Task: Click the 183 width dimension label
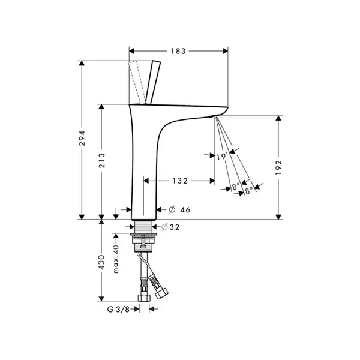coord(178,51)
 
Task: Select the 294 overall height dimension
coord(82,138)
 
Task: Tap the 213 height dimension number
coord(102,160)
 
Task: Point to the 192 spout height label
coord(278,167)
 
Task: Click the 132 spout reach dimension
coord(180,181)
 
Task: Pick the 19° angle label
coord(222,157)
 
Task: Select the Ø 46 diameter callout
coord(179,209)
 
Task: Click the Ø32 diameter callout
coord(170,227)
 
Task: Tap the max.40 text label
coord(116,259)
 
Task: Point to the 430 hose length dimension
coord(101,262)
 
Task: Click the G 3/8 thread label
coord(118,309)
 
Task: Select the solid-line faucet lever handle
coord(153,82)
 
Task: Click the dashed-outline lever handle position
coord(137,82)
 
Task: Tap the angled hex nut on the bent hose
coord(161,293)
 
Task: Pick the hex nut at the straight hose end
coord(144,298)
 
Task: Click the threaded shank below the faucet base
coord(143,227)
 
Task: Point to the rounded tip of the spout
coord(226,108)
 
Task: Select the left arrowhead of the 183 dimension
coord(131,51)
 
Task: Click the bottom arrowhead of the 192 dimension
coord(278,217)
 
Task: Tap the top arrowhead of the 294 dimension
coord(82,64)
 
